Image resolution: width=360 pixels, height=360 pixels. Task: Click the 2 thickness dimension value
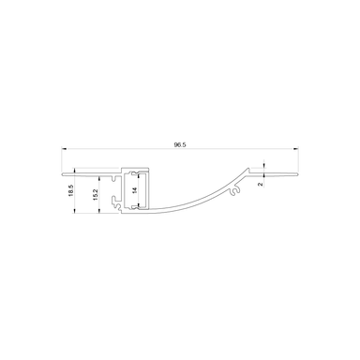[x=271, y=185]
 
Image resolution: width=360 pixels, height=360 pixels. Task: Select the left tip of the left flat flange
[x=63, y=172]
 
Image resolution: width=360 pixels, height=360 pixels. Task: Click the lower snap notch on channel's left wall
[x=115, y=201]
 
